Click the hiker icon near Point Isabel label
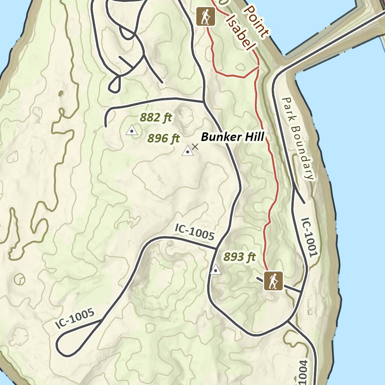[x=205, y=17]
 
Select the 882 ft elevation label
[x=156, y=118]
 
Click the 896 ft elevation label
[x=164, y=139]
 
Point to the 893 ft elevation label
[x=239, y=257]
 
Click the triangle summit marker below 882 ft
[x=132, y=130]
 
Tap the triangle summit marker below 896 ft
[x=187, y=151]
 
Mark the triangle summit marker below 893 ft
[x=215, y=270]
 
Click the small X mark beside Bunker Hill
[x=195, y=147]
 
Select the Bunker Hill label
[x=232, y=137]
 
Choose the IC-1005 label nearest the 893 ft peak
[x=195, y=232]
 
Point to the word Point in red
[x=256, y=21]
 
